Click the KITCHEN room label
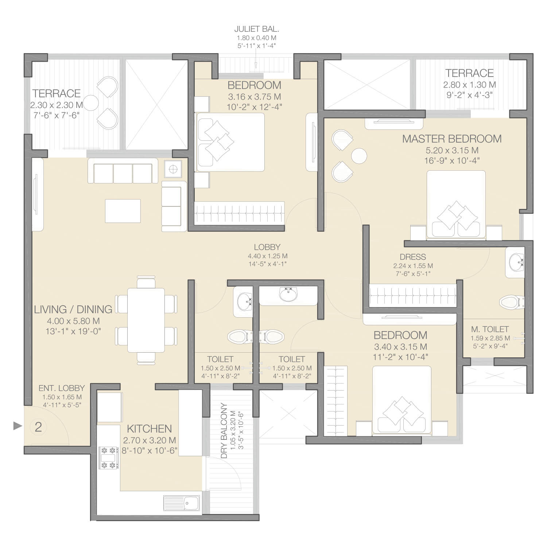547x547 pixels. pyautogui.click(x=149, y=428)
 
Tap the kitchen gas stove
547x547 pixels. pyautogui.click(x=109, y=458)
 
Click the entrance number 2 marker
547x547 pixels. pyautogui.click(x=38, y=427)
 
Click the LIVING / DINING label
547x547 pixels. pyautogui.click(x=73, y=309)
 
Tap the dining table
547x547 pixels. pyautogui.click(x=146, y=320)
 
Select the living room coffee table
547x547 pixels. pyautogui.click(x=123, y=211)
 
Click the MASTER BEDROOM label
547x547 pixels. pyautogui.click(x=452, y=139)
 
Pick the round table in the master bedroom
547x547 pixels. pyautogui.click(x=359, y=156)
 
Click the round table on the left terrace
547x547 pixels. pyautogui.click(x=91, y=103)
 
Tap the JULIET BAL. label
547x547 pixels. pyautogui.click(x=256, y=29)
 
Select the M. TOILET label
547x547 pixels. pyautogui.click(x=490, y=329)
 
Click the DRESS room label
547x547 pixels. pyautogui.click(x=413, y=257)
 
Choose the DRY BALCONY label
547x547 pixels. pyautogui.click(x=224, y=431)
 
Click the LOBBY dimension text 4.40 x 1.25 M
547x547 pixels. pyautogui.click(x=268, y=256)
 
